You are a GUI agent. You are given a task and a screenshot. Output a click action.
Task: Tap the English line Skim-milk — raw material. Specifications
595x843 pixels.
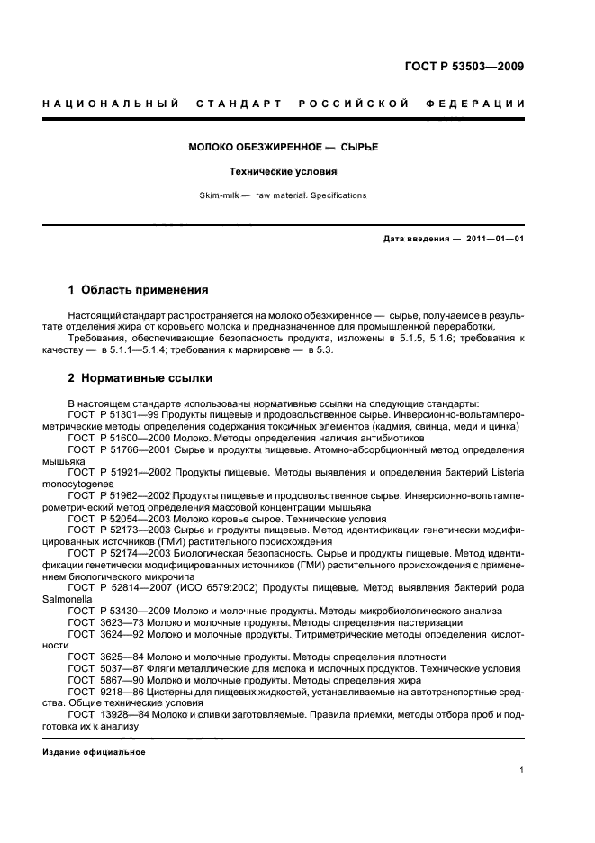point(283,195)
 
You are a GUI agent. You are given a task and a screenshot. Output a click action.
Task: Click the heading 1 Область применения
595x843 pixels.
point(139,290)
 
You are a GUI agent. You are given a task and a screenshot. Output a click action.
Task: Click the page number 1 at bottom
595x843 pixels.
point(522,770)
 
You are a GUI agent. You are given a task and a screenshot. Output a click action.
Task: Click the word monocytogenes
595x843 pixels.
point(86,484)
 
